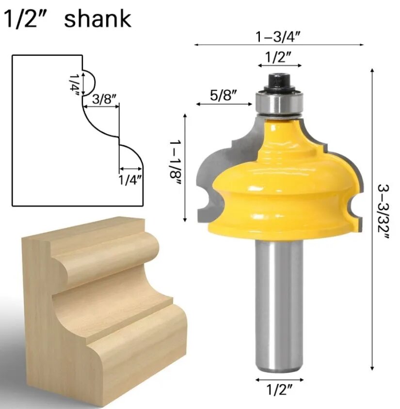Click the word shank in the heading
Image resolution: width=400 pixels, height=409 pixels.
(x=97, y=19)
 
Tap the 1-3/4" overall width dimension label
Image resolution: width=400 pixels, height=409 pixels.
(x=277, y=37)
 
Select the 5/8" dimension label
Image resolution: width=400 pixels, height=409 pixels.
(x=224, y=95)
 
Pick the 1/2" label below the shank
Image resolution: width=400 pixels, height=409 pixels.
(x=278, y=390)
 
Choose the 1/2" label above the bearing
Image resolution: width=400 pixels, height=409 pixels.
(x=278, y=57)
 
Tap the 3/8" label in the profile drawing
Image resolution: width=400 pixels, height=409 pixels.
(x=104, y=99)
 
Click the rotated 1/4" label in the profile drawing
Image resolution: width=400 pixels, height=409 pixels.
(x=75, y=84)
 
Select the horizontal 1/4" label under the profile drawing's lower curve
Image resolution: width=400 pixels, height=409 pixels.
(x=130, y=180)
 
